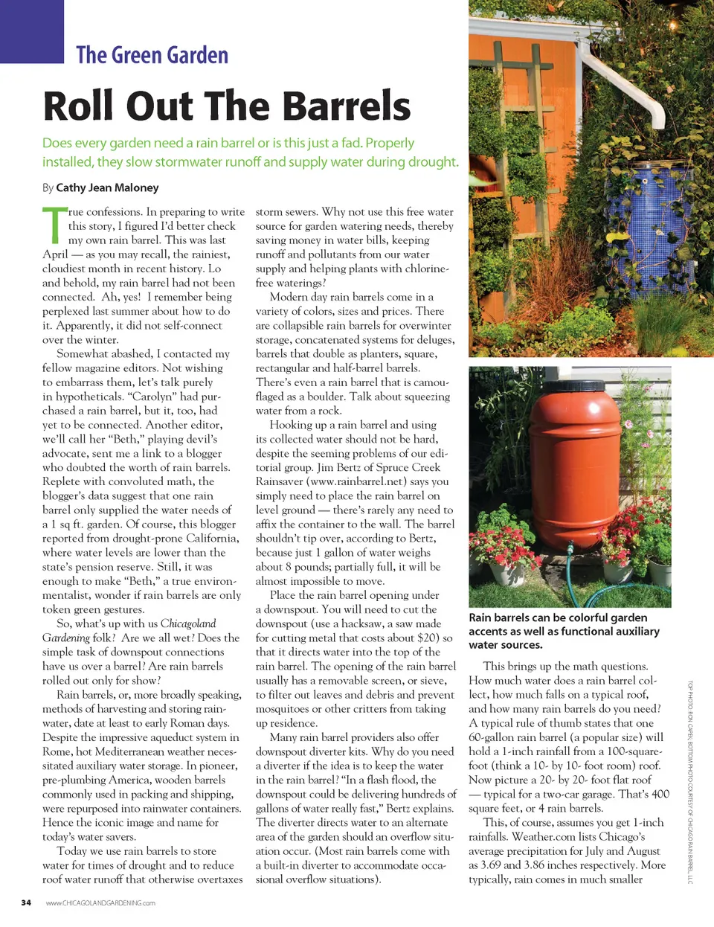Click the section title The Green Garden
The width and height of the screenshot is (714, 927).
tap(152, 55)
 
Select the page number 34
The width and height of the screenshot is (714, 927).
tap(26, 902)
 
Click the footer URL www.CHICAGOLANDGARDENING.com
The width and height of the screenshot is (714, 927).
tap(100, 903)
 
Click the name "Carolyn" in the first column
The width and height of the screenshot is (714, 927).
tap(152, 397)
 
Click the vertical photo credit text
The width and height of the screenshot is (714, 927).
tap(689, 781)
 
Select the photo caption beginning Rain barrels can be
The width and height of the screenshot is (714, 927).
tap(564, 631)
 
